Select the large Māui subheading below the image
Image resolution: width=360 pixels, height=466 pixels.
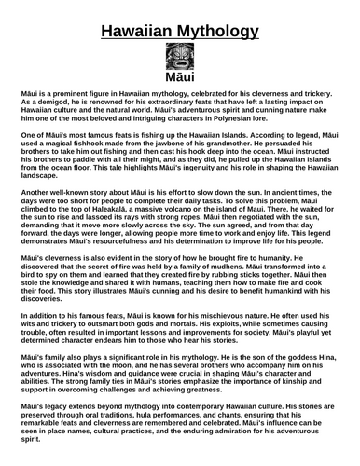pos(180,84)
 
